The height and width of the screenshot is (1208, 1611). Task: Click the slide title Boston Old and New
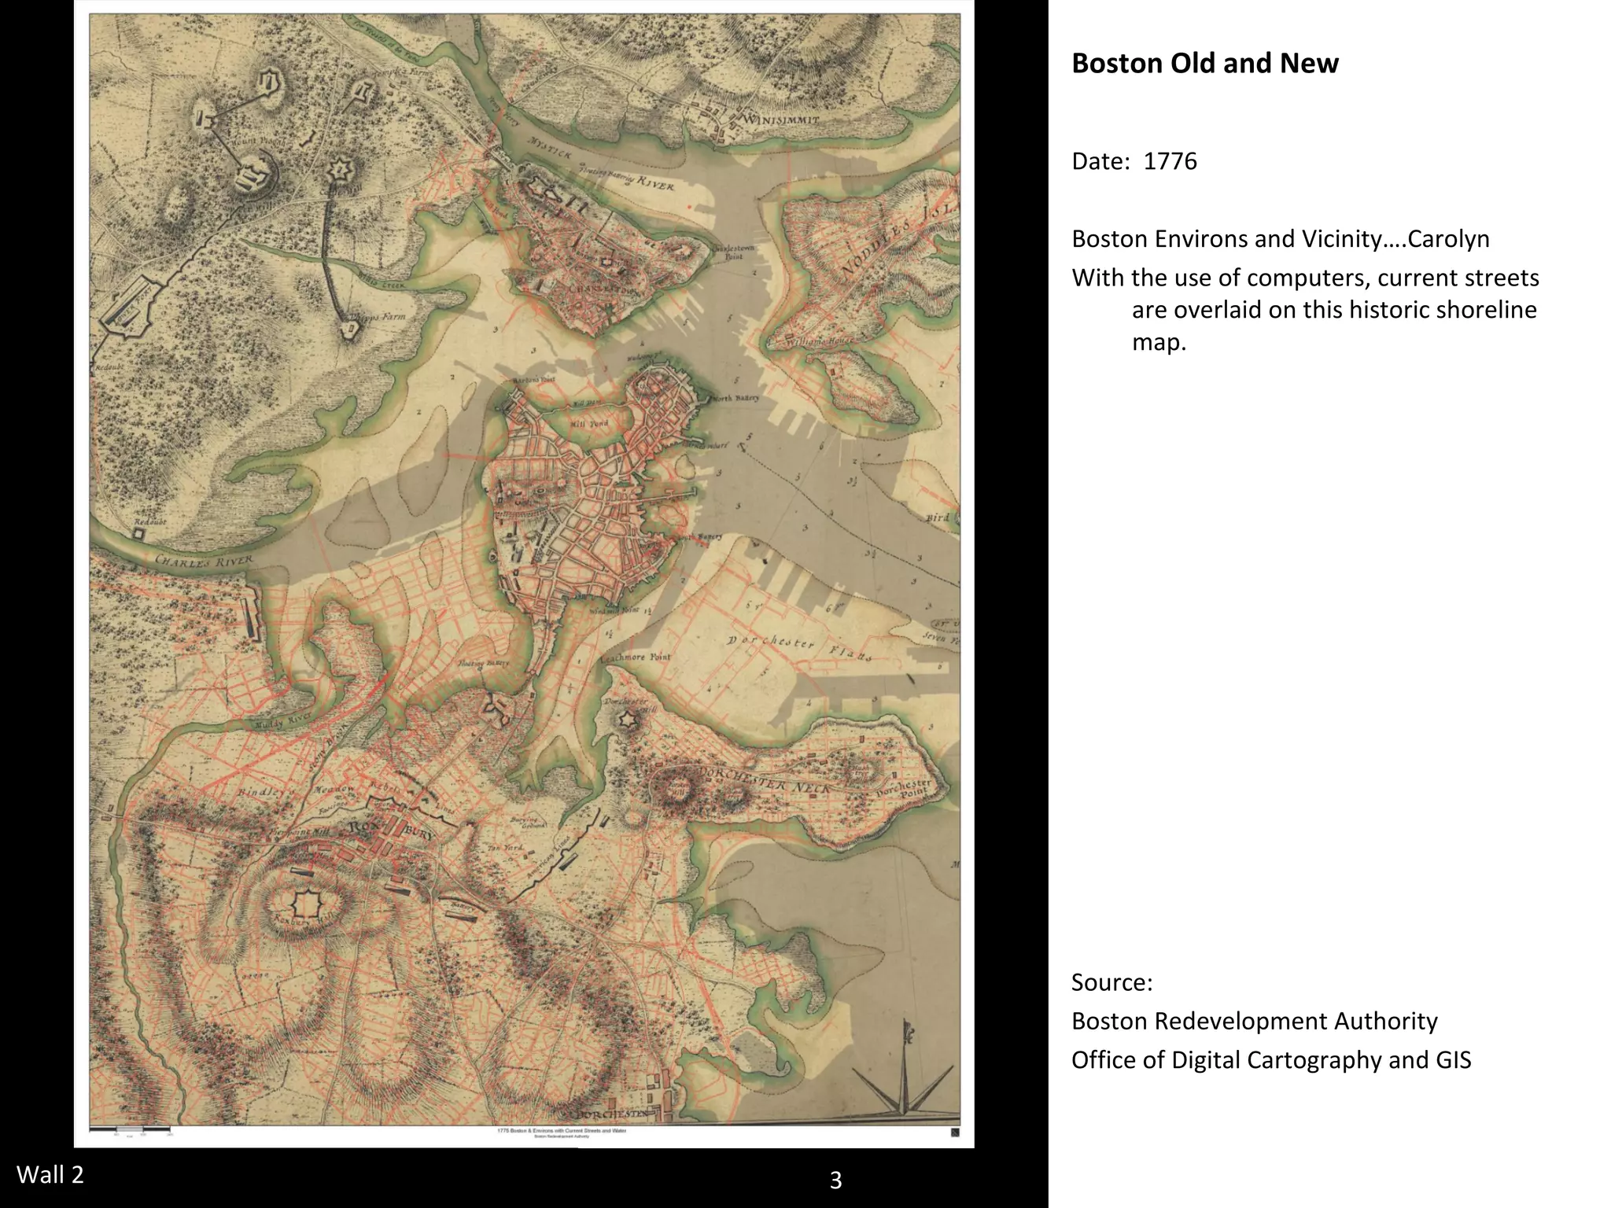[x=1204, y=63]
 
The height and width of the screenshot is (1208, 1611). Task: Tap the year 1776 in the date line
[x=1170, y=161]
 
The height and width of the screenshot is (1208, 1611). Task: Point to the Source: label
[x=1111, y=982]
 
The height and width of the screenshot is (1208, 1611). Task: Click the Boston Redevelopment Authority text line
[x=1254, y=1021]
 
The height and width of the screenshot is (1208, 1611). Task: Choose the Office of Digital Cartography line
[x=1270, y=1060]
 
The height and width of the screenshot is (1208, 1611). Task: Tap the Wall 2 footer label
[x=50, y=1174]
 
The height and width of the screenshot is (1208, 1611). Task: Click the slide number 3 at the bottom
[x=835, y=1180]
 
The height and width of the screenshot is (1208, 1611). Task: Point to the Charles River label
[x=204, y=562]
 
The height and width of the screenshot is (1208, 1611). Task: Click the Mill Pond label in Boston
[x=588, y=423]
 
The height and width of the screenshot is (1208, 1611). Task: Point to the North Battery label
[x=735, y=398]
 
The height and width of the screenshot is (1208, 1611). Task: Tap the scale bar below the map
[x=130, y=1130]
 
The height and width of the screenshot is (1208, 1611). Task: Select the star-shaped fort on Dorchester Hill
[x=627, y=720]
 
